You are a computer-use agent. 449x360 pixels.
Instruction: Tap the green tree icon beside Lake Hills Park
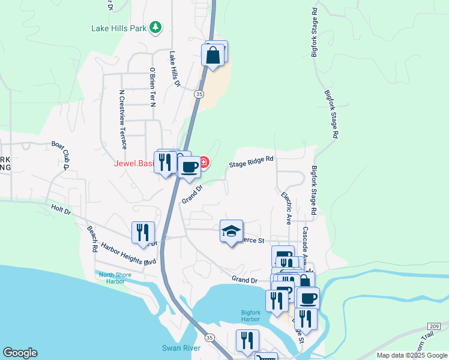pyautogui.click(x=155, y=27)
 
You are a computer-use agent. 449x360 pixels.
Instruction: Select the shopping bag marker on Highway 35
pyautogui.click(x=213, y=56)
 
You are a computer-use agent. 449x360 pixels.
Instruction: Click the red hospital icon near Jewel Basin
pyautogui.click(x=204, y=163)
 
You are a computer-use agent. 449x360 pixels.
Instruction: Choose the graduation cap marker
pyautogui.click(x=231, y=232)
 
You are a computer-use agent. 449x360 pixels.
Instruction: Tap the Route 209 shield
pyautogui.click(x=435, y=326)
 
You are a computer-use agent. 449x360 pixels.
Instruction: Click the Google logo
pyautogui.click(x=20, y=353)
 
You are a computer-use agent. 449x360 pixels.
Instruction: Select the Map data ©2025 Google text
pyautogui.click(x=411, y=355)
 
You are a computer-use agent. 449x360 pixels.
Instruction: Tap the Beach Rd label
pyautogui.click(x=92, y=238)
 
